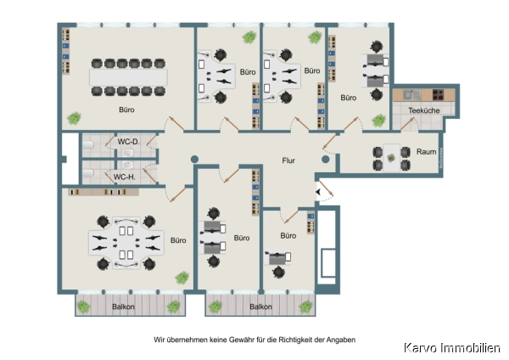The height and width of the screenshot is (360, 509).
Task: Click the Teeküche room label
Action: point(423,110)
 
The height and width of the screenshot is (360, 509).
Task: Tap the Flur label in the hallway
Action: point(288,160)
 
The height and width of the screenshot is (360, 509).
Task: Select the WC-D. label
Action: point(129,142)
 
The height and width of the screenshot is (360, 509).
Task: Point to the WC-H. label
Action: point(125,177)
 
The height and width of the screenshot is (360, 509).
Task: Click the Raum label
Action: point(426,152)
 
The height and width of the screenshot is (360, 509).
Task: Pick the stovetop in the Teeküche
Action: point(439,94)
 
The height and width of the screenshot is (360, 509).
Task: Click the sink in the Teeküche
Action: point(412,95)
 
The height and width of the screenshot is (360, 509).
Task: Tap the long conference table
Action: point(128,77)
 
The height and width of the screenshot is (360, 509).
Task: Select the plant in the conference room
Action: point(74,118)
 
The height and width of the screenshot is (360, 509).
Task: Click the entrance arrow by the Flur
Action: point(318,192)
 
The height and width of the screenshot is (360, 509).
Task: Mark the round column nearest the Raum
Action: point(326,160)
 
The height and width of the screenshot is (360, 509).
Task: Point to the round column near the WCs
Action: point(194,160)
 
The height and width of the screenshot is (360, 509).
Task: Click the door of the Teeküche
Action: point(407,124)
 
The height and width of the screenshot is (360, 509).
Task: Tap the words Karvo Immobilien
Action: point(452,348)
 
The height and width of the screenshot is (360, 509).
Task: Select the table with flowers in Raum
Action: point(391,158)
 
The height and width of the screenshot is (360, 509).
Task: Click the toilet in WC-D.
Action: point(87,144)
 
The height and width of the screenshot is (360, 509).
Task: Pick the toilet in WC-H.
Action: point(87,173)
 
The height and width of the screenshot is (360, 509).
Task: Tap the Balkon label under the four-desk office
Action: point(123,307)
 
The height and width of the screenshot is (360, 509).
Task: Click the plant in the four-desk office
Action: point(182,278)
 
